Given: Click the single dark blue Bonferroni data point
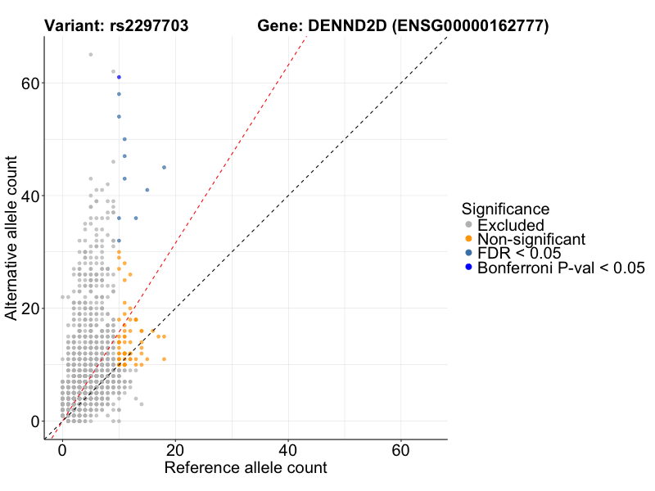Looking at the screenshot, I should click(119, 77).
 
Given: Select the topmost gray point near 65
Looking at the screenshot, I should click(90, 55).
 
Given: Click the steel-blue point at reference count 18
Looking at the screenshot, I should click(164, 168).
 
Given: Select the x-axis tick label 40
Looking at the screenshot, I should click(288, 451).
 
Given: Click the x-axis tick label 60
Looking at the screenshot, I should click(401, 451).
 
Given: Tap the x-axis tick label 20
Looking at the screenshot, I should click(175, 451).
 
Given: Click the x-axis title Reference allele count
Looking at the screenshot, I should click(246, 469).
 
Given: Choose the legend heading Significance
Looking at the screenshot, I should click(505, 209).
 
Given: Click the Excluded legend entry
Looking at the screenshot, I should click(511, 225).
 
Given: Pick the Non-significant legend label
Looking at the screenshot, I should click(531, 239).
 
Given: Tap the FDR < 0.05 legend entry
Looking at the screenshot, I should click(519, 253).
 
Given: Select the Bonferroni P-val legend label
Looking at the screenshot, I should click(561, 267).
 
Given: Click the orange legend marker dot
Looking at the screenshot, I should click(468, 239).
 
